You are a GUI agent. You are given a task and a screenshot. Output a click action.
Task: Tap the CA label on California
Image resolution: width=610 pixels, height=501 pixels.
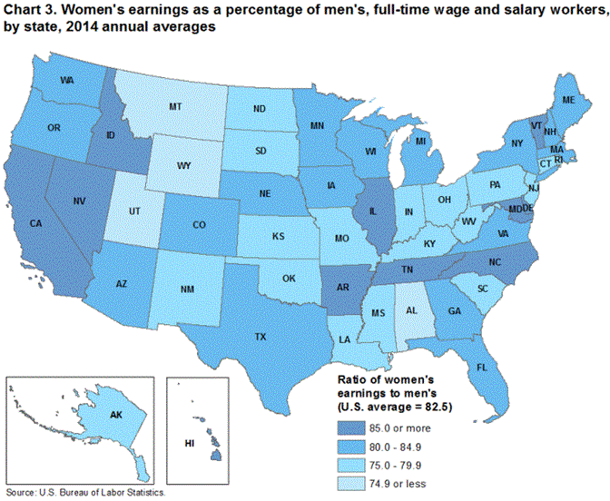tap(37, 222)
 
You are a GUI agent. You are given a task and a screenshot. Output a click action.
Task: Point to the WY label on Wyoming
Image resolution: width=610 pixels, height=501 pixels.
tap(183, 166)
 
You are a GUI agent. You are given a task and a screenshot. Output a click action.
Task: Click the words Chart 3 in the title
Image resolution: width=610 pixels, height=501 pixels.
tap(30, 10)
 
